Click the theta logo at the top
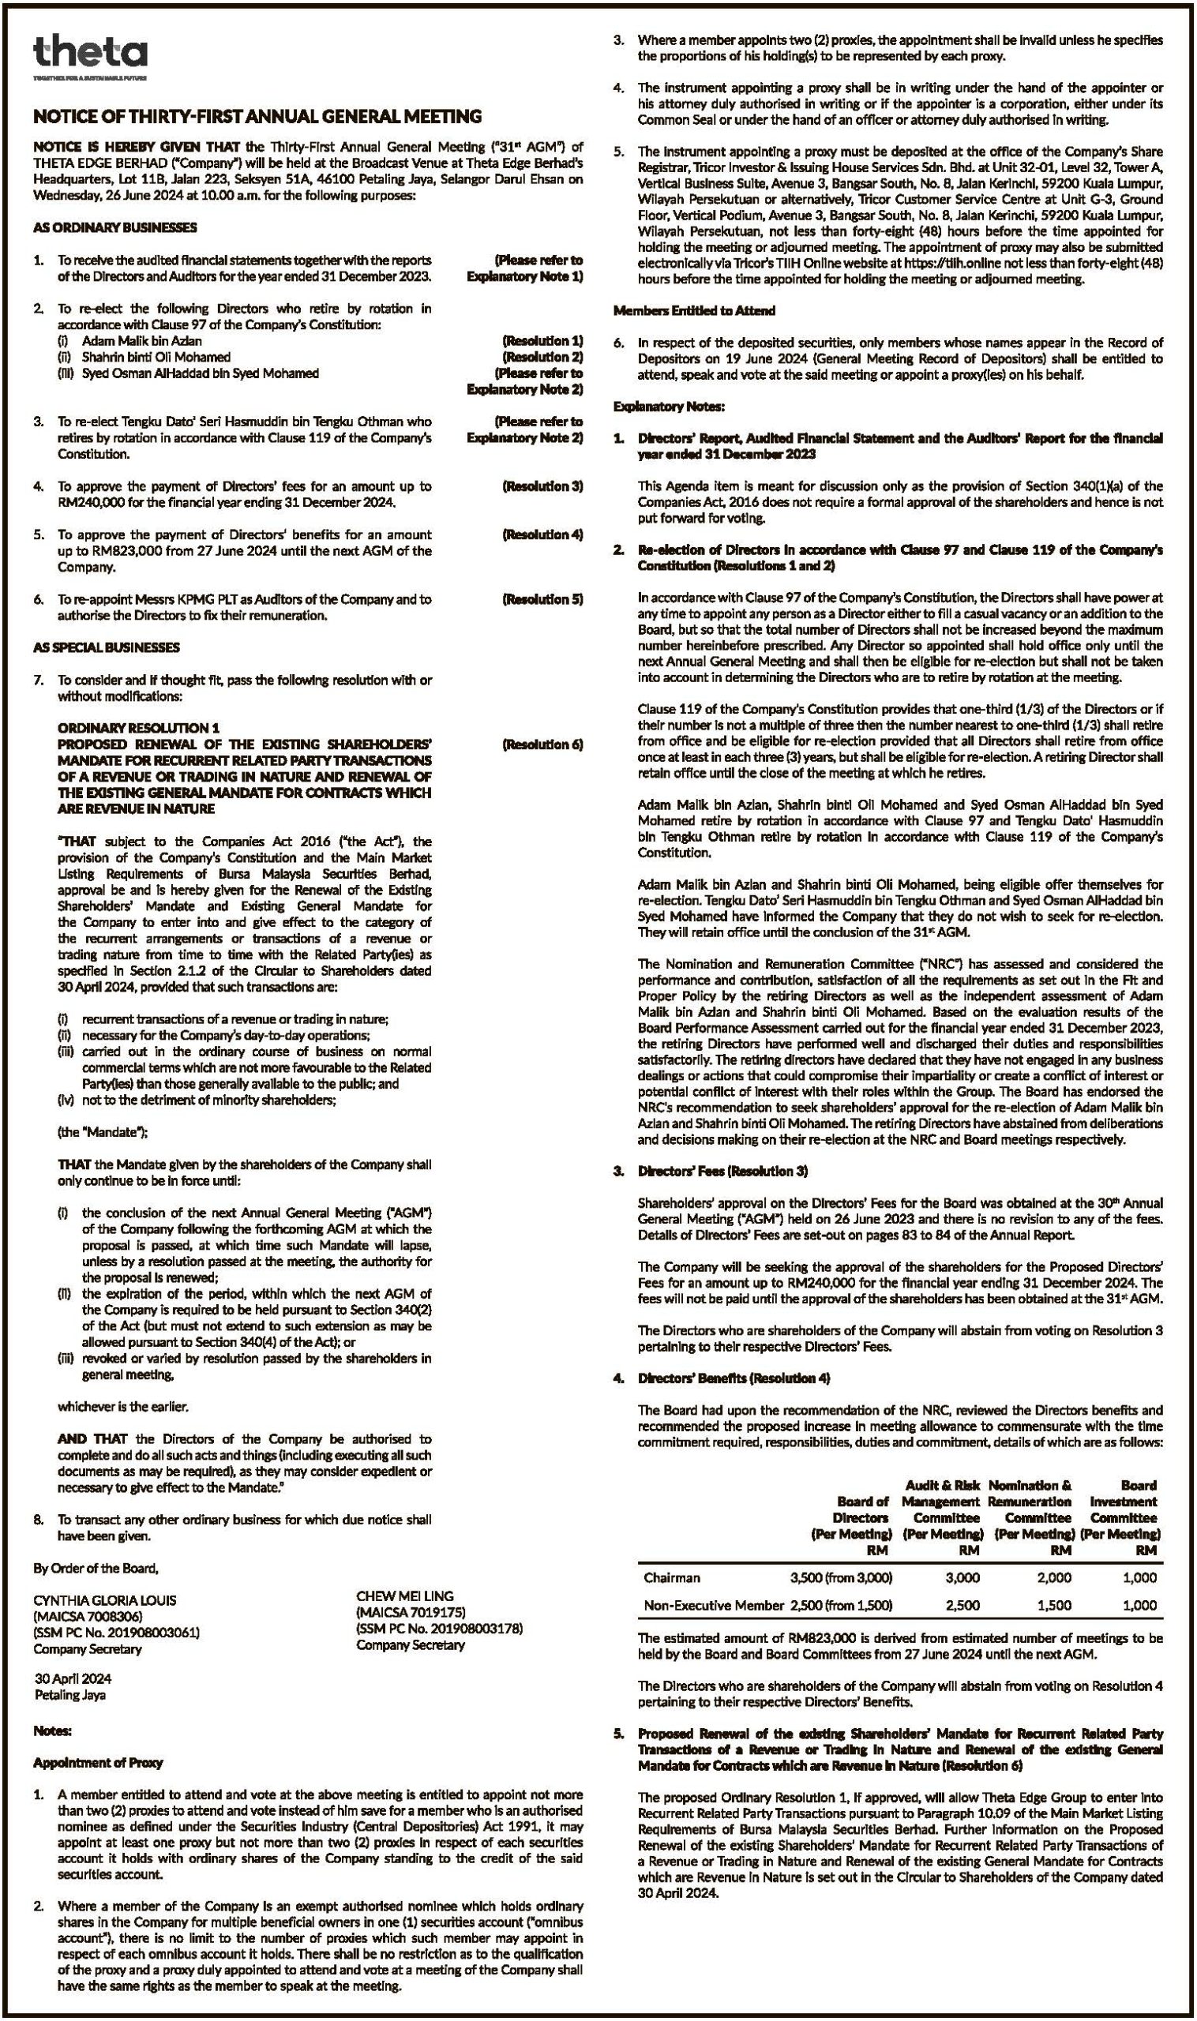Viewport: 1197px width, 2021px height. click(x=90, y=53)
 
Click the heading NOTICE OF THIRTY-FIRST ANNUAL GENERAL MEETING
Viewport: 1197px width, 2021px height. click(x=257, y=117)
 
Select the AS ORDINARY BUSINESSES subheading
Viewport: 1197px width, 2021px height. click(x=114, y=227)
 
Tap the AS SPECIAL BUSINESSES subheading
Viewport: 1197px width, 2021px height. click(x=107, y=647)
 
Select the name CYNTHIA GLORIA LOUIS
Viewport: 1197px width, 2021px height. click(x=105, y=1600)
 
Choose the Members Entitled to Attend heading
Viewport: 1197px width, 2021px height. click(x=695, y=309)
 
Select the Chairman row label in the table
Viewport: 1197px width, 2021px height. click(x=672, y=1577)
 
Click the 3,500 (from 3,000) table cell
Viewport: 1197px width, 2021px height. click(x=841, y=1577)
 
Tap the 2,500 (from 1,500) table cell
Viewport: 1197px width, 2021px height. click(x=841, y=1605)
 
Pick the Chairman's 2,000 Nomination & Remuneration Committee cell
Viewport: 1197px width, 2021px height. click(x=1054, y=1577)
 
